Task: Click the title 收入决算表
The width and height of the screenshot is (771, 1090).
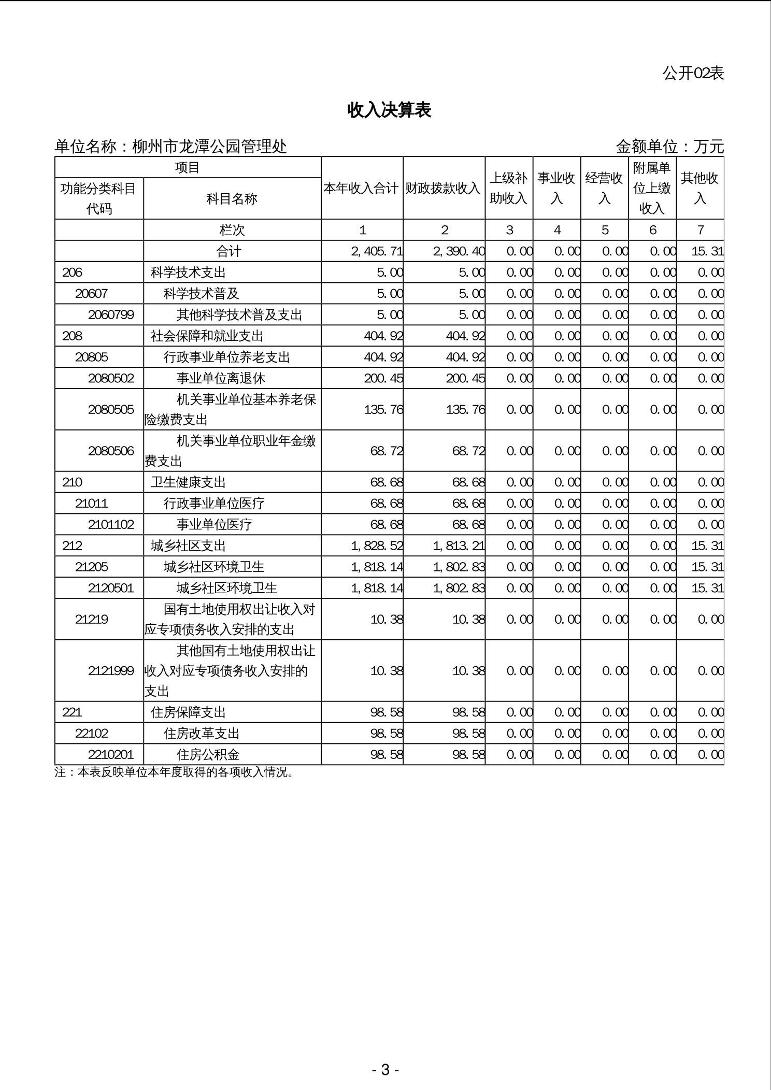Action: (389, 110)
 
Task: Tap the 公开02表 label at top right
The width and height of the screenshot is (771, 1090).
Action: (693, 73)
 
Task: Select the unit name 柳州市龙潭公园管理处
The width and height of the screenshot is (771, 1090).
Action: (209, 147)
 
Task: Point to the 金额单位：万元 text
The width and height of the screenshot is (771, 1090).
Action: (669, 147)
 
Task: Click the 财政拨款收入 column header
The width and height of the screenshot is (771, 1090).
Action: (444, 188)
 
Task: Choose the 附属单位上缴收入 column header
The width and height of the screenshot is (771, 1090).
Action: (652, 188)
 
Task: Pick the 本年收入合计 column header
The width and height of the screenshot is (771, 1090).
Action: (362, 188)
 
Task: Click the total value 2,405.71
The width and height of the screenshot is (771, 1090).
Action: (377, 251)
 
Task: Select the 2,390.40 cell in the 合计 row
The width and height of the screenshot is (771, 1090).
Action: (459, 251)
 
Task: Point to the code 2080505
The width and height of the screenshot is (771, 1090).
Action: (111, 409)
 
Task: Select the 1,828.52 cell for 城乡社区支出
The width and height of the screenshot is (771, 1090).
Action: (377, 546)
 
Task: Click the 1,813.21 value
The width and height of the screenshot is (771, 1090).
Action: (459, 546)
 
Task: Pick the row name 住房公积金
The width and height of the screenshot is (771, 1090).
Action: (208, 754)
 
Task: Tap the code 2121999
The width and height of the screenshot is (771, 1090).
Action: (111, 671)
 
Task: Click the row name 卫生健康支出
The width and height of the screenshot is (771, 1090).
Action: (188, 482)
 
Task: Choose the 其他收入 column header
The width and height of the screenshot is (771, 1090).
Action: (699, 188)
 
